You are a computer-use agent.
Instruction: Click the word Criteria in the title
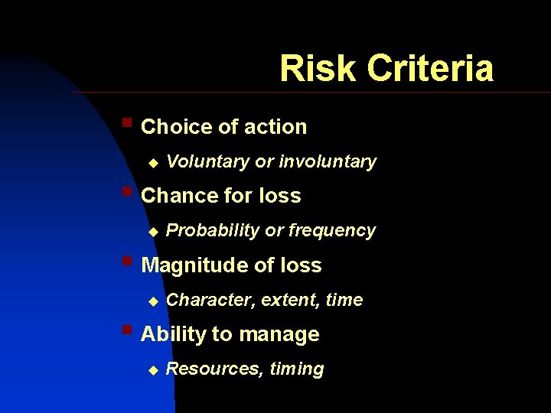[430, 68]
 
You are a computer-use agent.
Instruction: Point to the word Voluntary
[207, 161]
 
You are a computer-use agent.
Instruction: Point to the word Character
[210, 300]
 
